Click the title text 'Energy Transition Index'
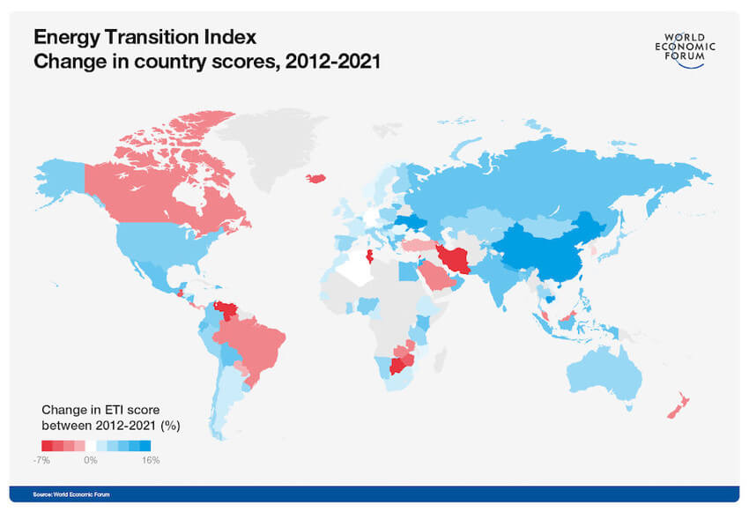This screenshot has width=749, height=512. pyautogui.click(x=145, y=37)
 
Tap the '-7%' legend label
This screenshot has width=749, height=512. pyautogui.click(x=41, y=460)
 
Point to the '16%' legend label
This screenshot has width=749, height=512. pyautogui.click(x=150, y=460)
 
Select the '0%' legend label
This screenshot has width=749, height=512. pyautogui.click(x=91, y=460)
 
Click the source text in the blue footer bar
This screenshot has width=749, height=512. pyautogui.click(x=71, y=494)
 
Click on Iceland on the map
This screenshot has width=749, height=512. pyautogui.click(x=317, y=177)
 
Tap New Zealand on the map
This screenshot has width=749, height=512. pyautogui.click(x=677, y=405)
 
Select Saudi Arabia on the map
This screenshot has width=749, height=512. pyautogui.click(x=431, y=280)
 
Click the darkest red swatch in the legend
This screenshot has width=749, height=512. pyautogui.click(x=47, y=446)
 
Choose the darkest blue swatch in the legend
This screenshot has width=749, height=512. pyautogui.click(x=146, y=446)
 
